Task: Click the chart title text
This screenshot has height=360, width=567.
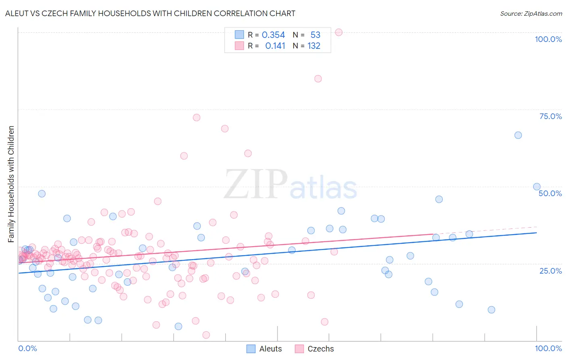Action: click(150, 13)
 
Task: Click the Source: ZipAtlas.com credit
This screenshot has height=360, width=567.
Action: click(531, 13)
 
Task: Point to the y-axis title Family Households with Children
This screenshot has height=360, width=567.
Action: click(11, 184)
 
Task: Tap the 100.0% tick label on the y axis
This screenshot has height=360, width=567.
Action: click(548, 39)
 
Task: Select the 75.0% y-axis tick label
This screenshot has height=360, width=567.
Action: click(550, 116)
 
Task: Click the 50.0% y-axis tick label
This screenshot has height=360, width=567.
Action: click(550, 193)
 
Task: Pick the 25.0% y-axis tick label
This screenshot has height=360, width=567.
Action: click(550, 270)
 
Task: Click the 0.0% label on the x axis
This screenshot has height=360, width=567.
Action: click(27, 348)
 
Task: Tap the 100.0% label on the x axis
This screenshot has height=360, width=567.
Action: click(548, 348)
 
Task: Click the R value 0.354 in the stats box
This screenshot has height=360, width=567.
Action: click(273, 35)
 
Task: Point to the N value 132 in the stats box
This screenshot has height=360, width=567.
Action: click(314, 46)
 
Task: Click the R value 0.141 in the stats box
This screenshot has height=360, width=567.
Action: click(275, 46)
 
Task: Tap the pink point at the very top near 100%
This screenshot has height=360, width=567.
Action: click(339, 32)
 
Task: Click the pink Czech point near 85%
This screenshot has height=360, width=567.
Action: click(318, 79)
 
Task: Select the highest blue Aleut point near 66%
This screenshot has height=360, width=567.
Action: click(518, 135)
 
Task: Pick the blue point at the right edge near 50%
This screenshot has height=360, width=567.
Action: click(537, 186)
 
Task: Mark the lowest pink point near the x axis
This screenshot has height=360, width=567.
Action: click(206, 335)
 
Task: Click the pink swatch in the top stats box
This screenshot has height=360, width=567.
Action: click(240, 46)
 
